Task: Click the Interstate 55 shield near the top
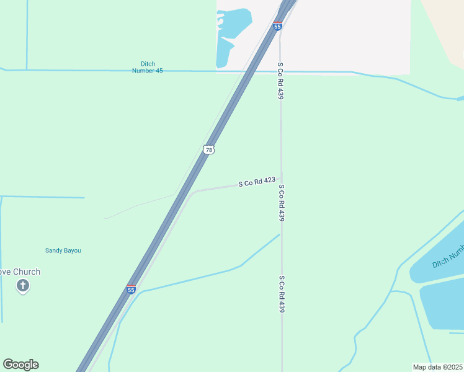pos(277,26)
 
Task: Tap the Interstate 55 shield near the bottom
pos(131,288)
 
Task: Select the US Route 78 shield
pos(209,149)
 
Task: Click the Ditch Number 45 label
pos(148,67)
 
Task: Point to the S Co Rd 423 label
pos(257,182)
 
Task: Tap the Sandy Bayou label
pos(63,250)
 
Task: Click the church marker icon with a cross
pos(23,286)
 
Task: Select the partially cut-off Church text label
pos(20,272)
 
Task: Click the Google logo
pos(20,365)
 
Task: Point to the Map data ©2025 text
pos(438,367)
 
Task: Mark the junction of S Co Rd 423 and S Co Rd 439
pos(281,179)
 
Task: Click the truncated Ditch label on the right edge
pos(448,255)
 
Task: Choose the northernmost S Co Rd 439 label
pos(280,81)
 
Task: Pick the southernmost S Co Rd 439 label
pos(282,293)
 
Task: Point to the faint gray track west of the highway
pos(140,206)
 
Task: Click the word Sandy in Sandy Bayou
pos(54,250)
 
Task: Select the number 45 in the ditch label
pos(159,71)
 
